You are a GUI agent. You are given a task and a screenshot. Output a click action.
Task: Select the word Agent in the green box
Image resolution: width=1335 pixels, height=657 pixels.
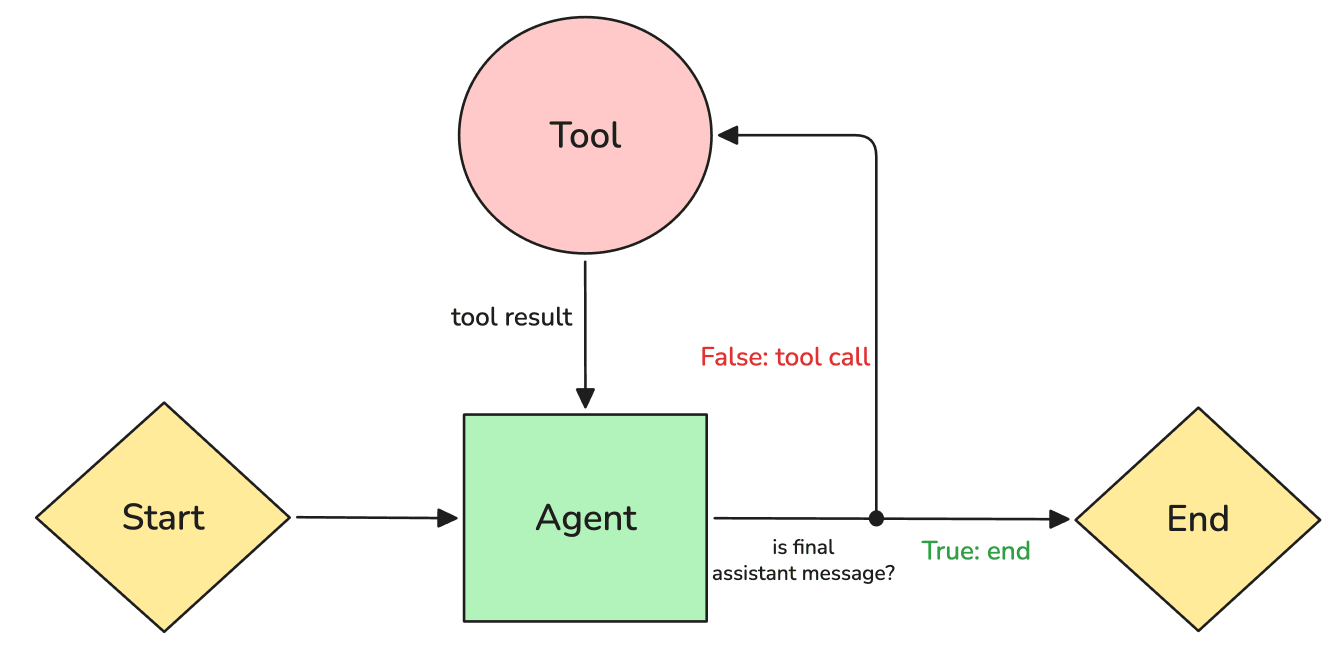(x=585, y=517)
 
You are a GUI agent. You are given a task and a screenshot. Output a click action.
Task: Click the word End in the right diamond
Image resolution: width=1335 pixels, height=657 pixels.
(x=1197, y=518)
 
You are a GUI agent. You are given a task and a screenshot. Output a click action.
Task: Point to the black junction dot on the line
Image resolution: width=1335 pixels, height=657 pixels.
(x=876, y=517)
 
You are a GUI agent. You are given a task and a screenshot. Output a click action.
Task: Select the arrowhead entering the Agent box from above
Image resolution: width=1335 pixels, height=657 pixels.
(x=585, y=397)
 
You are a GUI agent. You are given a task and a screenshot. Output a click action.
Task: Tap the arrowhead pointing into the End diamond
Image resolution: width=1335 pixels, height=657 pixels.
(x=1059, y=518)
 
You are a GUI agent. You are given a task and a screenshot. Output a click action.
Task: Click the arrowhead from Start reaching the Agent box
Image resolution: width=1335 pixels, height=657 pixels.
(x=446, y=517)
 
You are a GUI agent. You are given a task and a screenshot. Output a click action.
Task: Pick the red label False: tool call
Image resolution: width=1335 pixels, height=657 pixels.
(x=784, y=357)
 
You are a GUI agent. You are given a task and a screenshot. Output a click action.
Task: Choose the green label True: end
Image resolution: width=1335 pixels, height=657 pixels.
(x=975, y=550)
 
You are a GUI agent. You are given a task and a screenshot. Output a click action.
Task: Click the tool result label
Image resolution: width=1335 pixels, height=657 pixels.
(x=511, y=317)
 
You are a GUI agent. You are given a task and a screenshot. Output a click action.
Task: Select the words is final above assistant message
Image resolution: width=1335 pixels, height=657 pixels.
(x=803, y=547)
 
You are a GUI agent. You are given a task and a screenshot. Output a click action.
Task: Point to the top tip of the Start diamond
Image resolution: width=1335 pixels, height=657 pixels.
(x=164, y=403)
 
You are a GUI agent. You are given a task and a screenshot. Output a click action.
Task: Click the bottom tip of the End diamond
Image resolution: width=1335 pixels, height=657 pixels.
(x=1198, y=630)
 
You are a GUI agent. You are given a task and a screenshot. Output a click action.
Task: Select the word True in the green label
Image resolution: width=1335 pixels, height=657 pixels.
(x=947, y=550)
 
